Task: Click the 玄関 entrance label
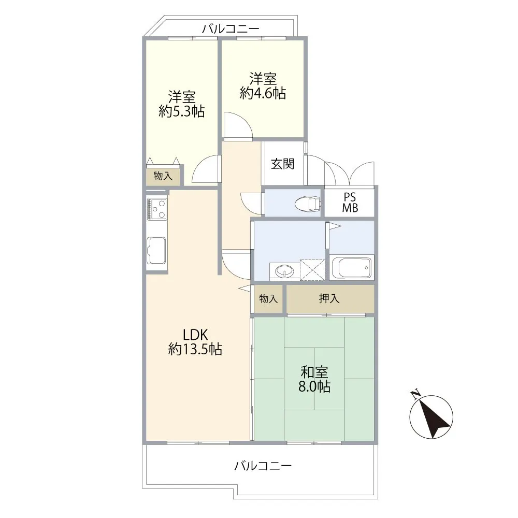(282, 164)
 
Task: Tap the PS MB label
(350, 203)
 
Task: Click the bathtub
(352, 267)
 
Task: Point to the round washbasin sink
(284, 271)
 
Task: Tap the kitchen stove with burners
(157, 209)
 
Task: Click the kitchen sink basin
(156, 250)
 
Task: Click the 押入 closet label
(329, 299)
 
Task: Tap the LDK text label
(195, 335)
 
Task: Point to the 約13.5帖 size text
(195, 349)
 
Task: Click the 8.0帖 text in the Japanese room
(314, 386)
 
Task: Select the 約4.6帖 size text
(263, 93)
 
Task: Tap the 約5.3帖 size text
(181, 111)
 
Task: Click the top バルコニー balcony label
(231, 29)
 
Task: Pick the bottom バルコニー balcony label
(263, 466)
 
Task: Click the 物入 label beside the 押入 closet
(268, 299)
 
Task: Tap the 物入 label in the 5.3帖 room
(163, 176)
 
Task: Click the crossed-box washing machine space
(312, 270)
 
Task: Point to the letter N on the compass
(415, 394)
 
